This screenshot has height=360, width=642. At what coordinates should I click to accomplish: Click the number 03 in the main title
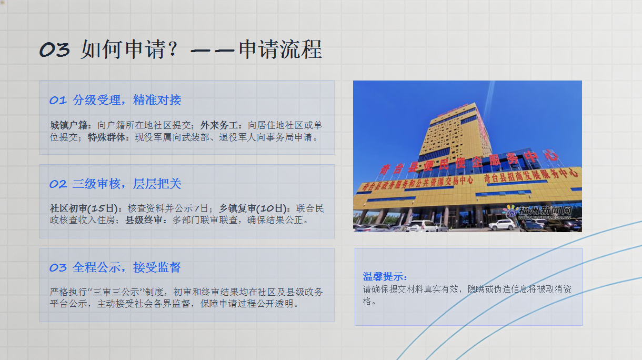(x=54, y=49)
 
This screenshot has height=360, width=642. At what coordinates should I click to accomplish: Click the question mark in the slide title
(x=173, y=49)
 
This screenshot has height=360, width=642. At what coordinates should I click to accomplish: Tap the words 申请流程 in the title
(x=280, y=49)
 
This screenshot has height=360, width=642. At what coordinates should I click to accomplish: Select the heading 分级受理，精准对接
(x=127, y=100)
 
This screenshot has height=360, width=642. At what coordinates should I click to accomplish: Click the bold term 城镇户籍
(x=68, y=125)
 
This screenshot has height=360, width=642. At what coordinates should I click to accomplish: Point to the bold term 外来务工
(x=219, y=125)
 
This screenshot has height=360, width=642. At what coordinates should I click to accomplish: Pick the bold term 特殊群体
(x=106, y=137)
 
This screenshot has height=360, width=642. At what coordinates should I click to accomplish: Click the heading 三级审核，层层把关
(x=127, y=184)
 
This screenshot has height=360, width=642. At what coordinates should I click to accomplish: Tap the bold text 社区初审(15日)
(x=84, y=208)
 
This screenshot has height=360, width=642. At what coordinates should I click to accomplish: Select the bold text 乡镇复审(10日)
(x=253, y=208)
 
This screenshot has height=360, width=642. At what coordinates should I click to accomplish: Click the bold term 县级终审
(x=144, y=220)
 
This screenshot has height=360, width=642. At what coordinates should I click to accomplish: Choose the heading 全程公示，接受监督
(x=126, y=267)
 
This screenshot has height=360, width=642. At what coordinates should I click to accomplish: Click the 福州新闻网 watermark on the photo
(x=545, y=211)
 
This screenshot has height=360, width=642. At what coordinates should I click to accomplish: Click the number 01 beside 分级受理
(x=58, y=101)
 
